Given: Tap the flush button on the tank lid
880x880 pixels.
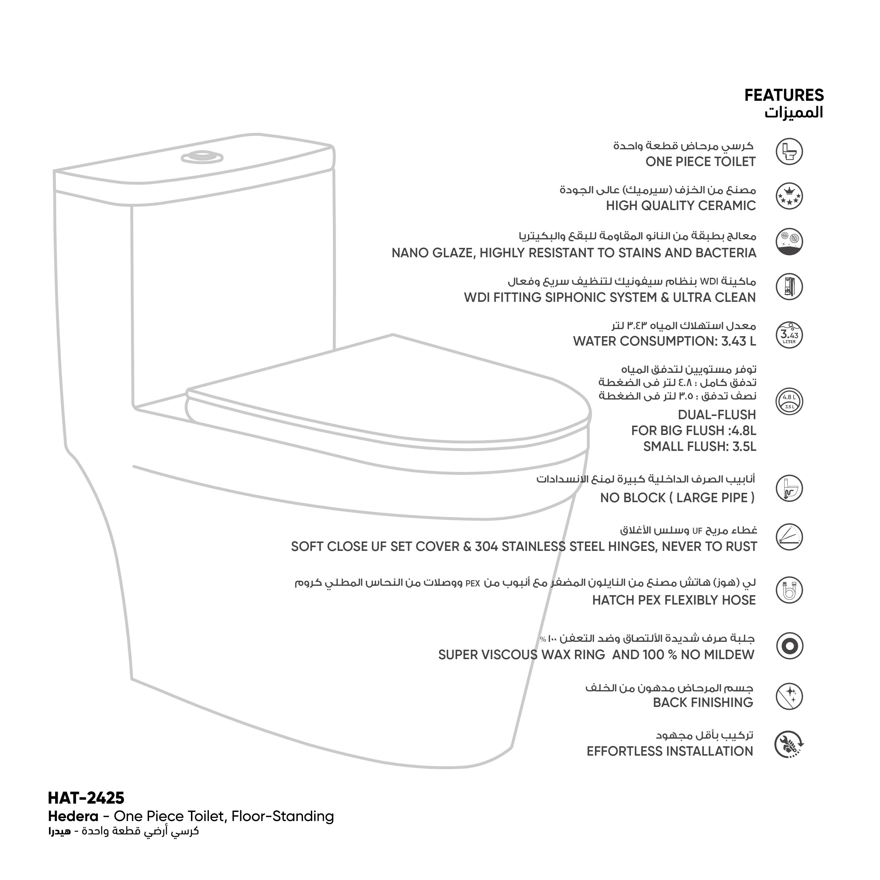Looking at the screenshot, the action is (202, 157).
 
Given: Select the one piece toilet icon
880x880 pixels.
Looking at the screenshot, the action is (789, 152).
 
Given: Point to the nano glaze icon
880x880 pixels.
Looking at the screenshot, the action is (789, 241).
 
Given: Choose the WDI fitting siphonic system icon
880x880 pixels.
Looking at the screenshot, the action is (789, 287).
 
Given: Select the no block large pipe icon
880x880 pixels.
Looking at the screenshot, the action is (789, 489).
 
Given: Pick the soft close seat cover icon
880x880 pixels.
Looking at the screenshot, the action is (789, 537).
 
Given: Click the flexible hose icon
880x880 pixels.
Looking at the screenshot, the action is (789, 590).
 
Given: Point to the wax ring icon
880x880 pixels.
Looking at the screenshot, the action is (789, 646).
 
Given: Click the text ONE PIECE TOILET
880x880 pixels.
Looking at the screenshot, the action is (700, 162).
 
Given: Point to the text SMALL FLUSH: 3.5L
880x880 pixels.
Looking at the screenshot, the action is (700, 446).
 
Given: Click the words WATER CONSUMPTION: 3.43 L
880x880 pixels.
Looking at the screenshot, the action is (665, 341).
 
